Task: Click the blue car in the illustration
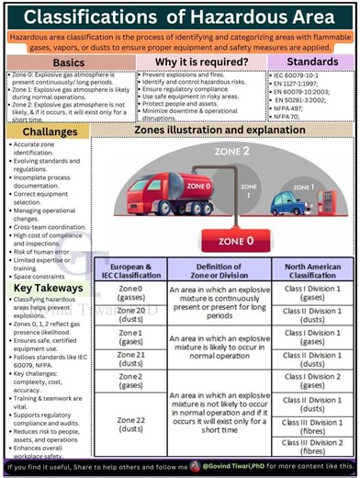coord(300,200)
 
